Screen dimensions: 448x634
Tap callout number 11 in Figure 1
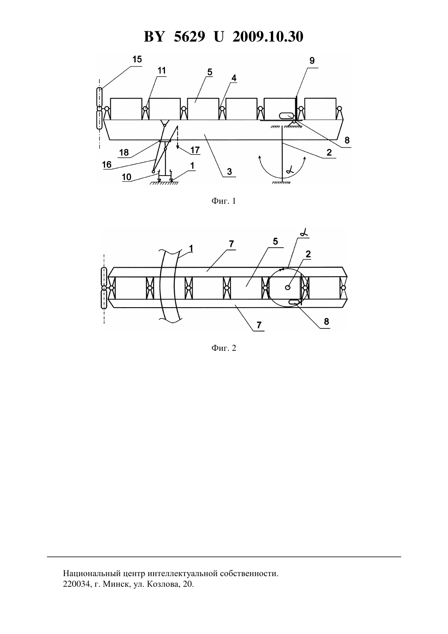162,70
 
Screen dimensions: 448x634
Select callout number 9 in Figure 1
312,61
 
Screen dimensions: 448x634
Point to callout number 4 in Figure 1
234,78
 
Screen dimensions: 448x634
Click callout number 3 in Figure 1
229,171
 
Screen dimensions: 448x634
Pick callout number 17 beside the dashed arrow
195,150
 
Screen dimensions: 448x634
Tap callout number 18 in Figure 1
124,152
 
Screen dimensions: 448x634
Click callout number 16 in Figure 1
107,165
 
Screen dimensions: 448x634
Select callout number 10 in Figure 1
126,177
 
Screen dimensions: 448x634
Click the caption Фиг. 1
224,201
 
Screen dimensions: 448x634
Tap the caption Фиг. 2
224,348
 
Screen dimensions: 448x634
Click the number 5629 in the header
189,37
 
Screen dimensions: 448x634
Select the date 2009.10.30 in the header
268,37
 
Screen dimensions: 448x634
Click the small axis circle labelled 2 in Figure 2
288,287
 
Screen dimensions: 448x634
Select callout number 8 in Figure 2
326,321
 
